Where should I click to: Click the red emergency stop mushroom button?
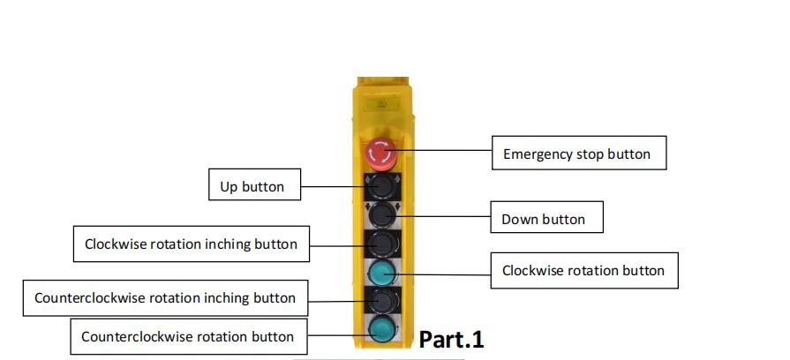click(x=381, y=154)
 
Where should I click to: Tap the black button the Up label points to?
click(x=381, y=185)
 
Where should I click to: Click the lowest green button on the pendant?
click(x=381, y=330)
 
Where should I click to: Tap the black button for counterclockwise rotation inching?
click(x=381, y=300)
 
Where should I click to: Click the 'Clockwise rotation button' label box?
click(x=583, y=270)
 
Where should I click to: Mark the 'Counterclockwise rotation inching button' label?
click(x=164, y=297)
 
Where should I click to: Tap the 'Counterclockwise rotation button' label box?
click(x=187, y=336)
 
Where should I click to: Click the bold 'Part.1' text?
click(x=451, y=339)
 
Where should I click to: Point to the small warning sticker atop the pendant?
click(x=381, y=103)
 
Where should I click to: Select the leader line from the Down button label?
click(x=441, y=214)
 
